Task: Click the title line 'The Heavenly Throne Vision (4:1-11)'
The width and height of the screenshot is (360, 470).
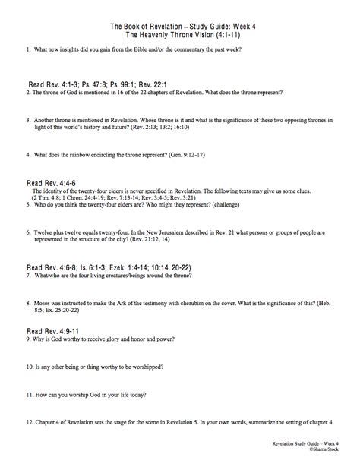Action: (180, 35)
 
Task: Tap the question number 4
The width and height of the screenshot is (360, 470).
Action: (28, 154)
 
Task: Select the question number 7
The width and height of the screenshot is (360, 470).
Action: (28, 277)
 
